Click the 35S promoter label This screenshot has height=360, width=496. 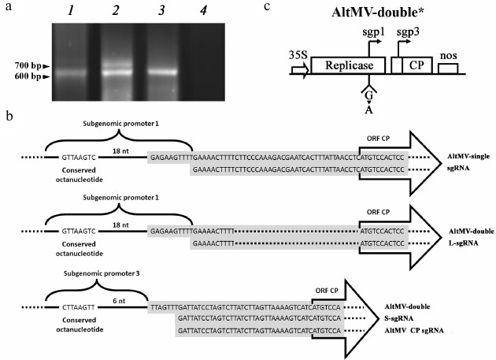click(x=298, y=56)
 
